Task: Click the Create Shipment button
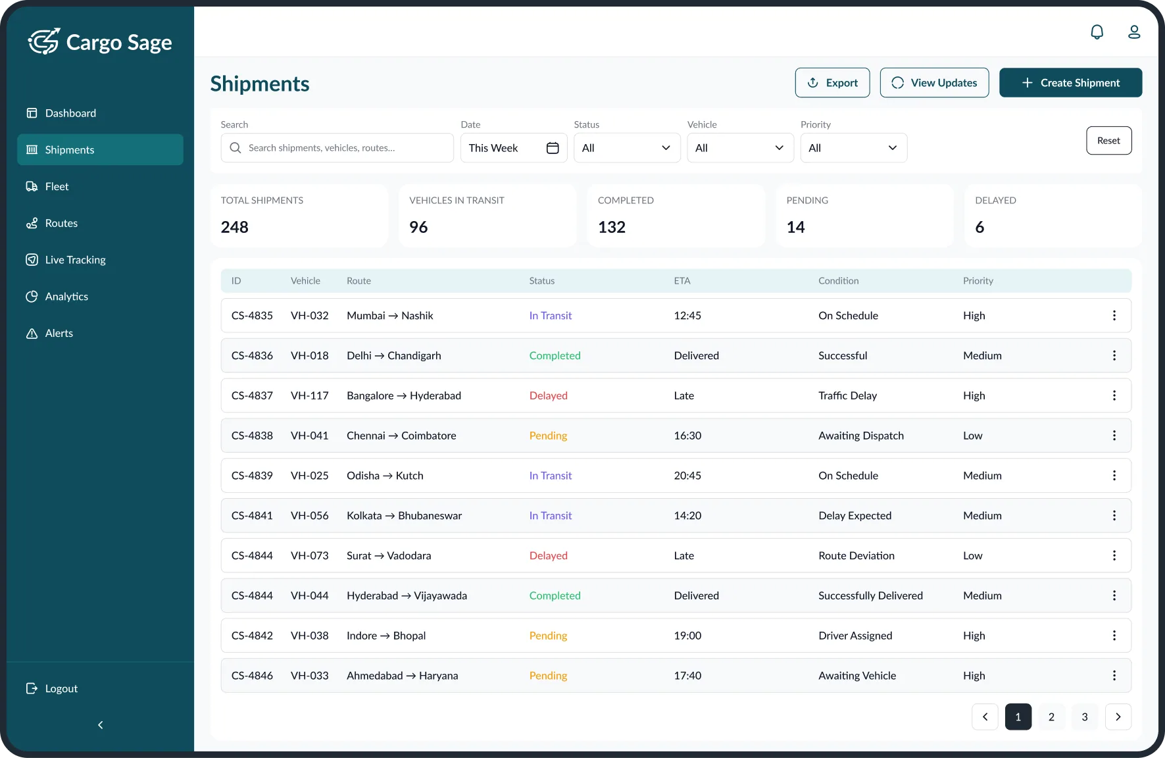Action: click(1070, 83)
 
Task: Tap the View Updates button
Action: click(934, 83)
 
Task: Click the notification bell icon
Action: click(1097, 32)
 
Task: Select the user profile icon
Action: click(1134, 32)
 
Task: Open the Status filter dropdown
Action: click(626, 148)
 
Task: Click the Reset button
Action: click(1108, 141)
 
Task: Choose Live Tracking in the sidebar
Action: click(75, 260)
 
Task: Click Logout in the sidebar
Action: click(61, 688)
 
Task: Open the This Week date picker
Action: click(513, 148)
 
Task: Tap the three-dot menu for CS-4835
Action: click(1114, 316)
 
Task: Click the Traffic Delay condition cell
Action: click(847, 395)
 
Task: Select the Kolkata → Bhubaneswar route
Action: click(404, 516)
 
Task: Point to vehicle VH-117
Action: click(309, 395)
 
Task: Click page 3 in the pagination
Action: click(1084, 717)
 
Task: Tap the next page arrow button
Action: click(1118, 717)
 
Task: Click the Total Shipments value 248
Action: click(235, 227)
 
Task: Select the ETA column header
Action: click(682, 281)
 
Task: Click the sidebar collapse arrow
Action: click(100, 724)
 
